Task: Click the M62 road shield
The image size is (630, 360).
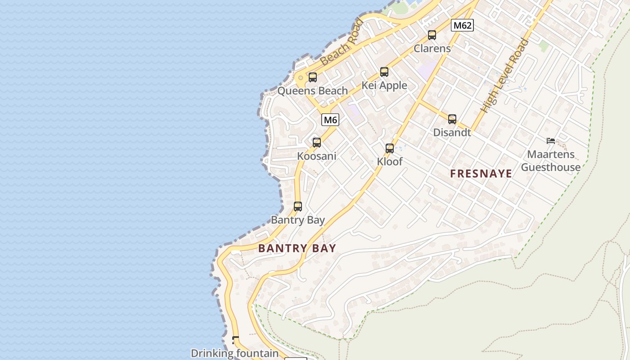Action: tap(462, 25)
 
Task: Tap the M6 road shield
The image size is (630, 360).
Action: tap(330, 120)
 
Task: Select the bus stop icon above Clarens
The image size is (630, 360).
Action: tap(432, 35)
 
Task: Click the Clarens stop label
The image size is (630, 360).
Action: tap(432, 48)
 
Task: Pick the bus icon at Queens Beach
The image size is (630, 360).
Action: tap(313, 77)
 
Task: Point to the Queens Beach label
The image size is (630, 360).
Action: tap(312, 91)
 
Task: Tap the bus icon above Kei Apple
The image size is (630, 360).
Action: tap(384, 72)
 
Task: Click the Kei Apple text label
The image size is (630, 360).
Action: tap(384, 85)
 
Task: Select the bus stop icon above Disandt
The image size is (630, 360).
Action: tap(452, 119)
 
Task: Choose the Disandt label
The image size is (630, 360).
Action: tap(452, 133)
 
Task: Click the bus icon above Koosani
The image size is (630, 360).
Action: tap(317, 143)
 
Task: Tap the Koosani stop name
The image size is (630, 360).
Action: tap(317, 156)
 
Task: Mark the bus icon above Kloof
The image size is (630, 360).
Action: tap(390, 148)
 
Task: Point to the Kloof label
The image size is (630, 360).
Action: tap(390, 162)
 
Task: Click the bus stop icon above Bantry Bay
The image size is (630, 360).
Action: tap(298, 207)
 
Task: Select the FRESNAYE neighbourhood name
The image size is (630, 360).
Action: tap(481, 174)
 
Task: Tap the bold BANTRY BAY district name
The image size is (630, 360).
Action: tap(297, 248)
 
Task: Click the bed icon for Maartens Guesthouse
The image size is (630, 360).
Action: tap(551, 141)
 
